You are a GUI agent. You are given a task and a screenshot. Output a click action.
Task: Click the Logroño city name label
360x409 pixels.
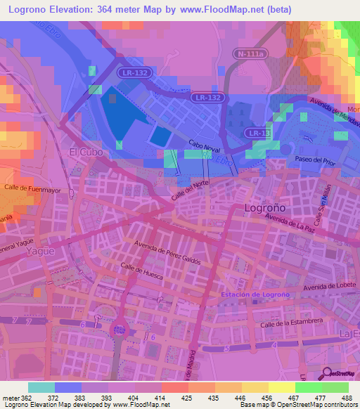[x=264, y=208]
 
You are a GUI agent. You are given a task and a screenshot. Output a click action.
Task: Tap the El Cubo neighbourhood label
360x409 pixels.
[x=82, y=152]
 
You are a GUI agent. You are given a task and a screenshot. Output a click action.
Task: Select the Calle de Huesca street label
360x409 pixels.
[x=142, y=273]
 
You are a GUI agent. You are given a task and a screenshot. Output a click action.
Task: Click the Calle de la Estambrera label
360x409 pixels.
[x=290, y=323]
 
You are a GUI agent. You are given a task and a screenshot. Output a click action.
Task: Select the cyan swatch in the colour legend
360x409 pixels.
[x=41, y=387]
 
